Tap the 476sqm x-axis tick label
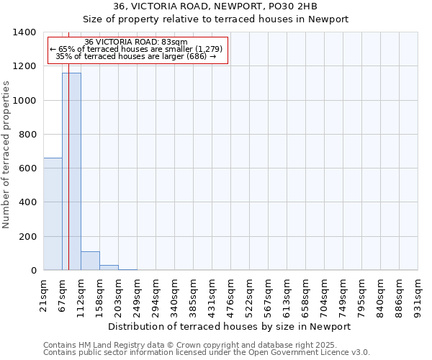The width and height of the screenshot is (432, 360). click(231, 294)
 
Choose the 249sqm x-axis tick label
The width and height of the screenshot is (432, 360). click(138, 294)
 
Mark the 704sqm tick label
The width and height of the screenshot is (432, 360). click(325, 294)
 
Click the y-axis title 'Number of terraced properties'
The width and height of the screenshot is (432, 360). click(6, 154)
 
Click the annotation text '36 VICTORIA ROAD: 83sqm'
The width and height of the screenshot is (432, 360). click(136, 42)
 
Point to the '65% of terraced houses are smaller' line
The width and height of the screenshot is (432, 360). click(136, 49)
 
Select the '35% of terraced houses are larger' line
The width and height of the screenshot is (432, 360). click(136, 56)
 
